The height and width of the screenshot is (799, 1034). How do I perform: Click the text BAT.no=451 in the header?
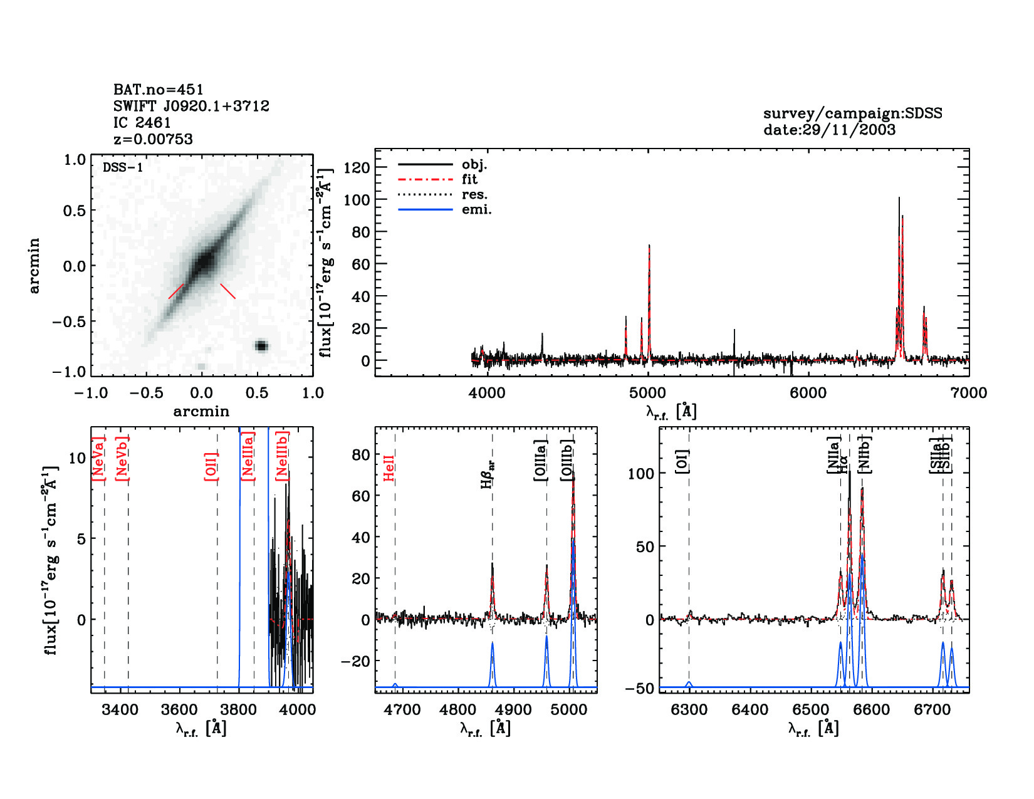pos(159,90)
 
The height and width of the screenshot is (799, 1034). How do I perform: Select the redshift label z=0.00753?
pos(153,139)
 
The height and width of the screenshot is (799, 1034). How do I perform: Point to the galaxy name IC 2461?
pos(142,123)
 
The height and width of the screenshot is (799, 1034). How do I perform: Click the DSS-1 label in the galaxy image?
pos(123,168)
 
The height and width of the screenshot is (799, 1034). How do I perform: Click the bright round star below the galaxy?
pos(261,346)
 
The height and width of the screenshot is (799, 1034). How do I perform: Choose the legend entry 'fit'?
pos(469,180)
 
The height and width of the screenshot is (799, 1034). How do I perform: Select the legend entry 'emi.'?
pos(476,210)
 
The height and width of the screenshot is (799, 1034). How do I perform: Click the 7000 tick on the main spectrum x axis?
pos(969,393)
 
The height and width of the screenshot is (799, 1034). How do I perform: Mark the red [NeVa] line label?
pos(98,459)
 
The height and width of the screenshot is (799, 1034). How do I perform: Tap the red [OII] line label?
pos(211,466)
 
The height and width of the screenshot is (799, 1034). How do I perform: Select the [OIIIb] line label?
pos(568,460)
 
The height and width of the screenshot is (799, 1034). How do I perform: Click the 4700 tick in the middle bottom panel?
pos(402,709)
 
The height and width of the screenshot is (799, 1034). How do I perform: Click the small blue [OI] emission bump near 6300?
pos(689,684)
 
